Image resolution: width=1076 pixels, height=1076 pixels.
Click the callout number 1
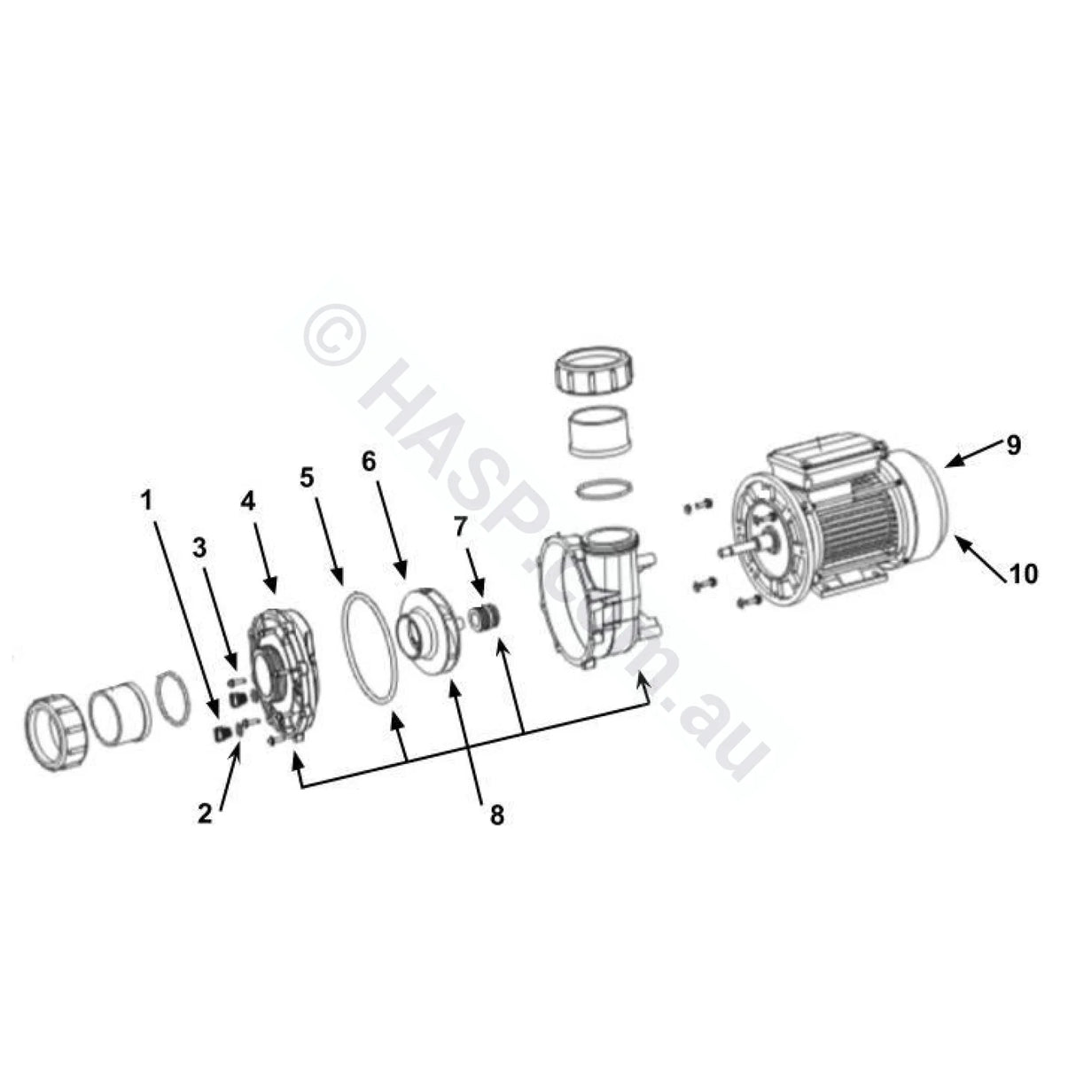[147, 500]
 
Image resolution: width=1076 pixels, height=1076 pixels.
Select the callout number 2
[205, 814]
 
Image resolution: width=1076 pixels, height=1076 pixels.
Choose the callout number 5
[307, 478]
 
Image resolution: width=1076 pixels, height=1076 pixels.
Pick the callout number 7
[459, 528]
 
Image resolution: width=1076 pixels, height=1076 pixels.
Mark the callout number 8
[496, 814]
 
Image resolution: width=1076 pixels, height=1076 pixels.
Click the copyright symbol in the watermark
[334, 337]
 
